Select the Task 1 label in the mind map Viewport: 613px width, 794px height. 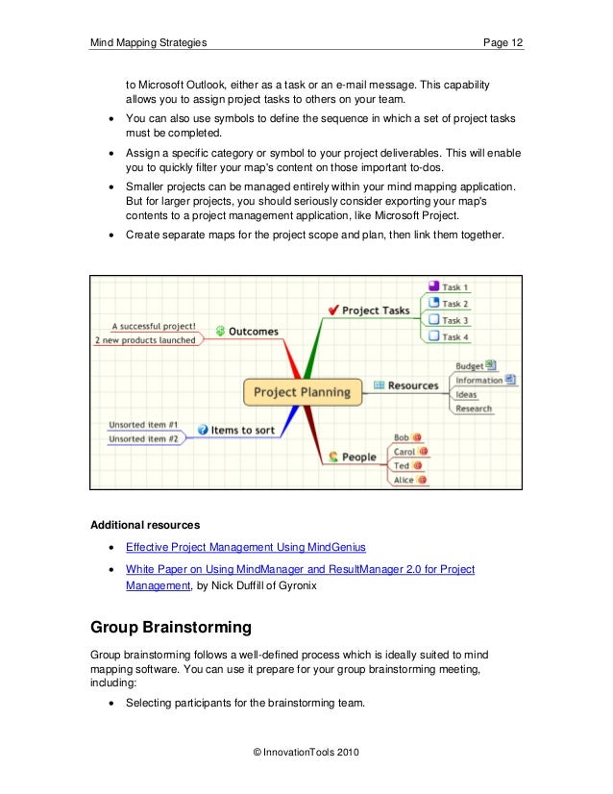click(x=454, y=287)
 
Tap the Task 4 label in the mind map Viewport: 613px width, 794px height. click(x=454, y=336)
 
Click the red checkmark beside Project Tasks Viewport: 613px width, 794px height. click(x=332, y=310)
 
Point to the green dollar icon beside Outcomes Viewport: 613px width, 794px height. click(x=220, y=331)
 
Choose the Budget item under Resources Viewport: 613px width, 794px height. click(x=469, y=366)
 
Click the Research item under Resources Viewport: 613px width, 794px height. click(x=473, y=409)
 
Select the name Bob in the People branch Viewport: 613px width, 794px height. click(x=402, y=437)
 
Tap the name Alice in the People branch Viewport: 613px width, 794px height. click(x=403, y=479)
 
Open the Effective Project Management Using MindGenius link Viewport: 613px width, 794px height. click(x=246, y=547)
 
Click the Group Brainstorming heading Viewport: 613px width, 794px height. click(x=171, y=630)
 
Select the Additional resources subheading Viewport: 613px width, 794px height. click(x=145, y=525)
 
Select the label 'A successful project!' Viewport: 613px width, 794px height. click(x=154, y=326)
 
